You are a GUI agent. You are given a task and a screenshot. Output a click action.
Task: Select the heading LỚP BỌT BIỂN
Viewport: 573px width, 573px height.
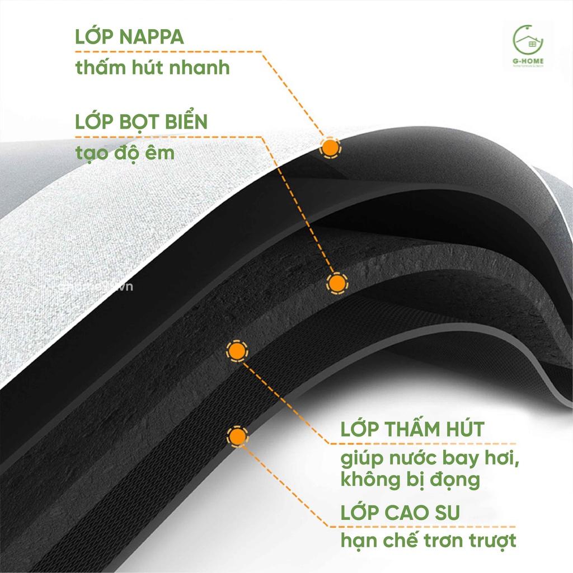pyautogui.click(x=141, y=122)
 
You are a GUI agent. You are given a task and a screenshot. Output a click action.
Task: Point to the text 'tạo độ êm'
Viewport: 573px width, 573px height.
pyautogui.click(x=125, y=152)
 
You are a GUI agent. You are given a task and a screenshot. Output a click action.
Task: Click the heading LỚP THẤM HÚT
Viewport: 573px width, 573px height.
pyautogui.click(x=412, y=430)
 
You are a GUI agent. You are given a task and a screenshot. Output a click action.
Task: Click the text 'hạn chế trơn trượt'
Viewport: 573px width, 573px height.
pyautogui.click(x=428, y=541)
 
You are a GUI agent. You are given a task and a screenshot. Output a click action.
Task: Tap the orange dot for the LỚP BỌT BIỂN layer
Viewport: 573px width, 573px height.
pyautogui.click(x=336, y=284)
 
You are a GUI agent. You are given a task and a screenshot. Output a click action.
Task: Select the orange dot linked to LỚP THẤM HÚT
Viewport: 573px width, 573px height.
pyautogui.click(x=237, y=351)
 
